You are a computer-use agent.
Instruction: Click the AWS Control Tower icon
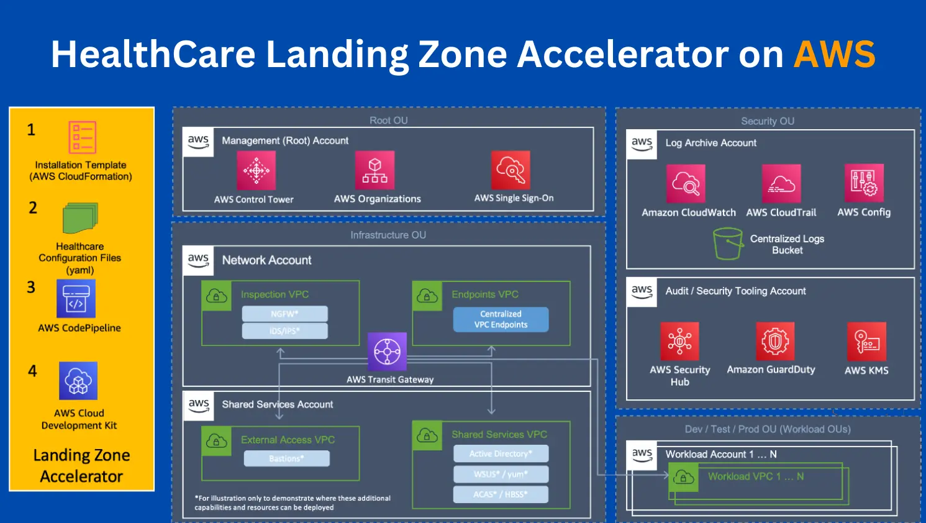[256, 170]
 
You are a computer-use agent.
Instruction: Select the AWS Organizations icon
[374, 170]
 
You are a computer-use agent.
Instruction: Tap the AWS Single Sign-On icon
[511, 170]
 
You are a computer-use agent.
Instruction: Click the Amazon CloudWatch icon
[686, 184]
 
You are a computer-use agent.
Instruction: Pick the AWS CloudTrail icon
[781, 184]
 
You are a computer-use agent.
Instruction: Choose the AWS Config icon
[864, 183]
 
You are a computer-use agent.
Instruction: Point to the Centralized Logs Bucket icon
[728, 243]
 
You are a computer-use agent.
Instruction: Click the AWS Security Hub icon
[679, 341]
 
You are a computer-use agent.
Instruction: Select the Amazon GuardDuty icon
[775, 341]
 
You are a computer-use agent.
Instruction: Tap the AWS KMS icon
[866, 341]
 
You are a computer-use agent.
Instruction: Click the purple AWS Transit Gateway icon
[387, 352]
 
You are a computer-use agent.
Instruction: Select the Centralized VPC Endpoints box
[501, 319]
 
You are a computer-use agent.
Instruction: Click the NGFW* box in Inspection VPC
[284, 314]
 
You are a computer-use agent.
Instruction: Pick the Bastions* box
[286, 458]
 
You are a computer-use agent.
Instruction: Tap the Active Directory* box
[501, 453]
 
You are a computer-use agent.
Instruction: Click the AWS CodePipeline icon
[76, 299]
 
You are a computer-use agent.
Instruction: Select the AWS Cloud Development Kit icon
[78, 381]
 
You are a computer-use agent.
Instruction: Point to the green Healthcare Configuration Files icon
[80, 218]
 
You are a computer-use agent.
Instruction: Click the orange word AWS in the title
[834, 54]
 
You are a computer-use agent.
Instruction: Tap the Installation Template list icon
[82, 137]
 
